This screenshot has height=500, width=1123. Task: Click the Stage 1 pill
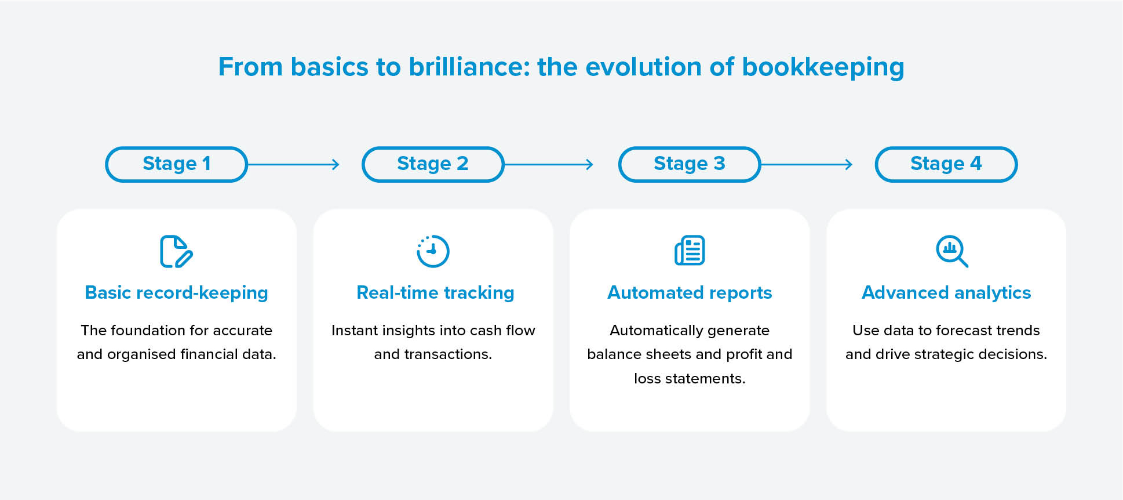click(x=176, y=164)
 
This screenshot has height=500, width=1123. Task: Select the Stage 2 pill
click(x=433, y=164)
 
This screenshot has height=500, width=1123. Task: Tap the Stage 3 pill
click(x=690, y=164)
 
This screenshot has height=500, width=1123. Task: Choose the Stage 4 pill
click(x=946, y=164)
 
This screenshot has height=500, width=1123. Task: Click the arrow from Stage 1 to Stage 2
click(x=293, y=165)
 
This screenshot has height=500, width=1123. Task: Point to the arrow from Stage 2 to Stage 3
click(x=549, y=165)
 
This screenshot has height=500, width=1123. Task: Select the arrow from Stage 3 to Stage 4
click(x=807, y=165)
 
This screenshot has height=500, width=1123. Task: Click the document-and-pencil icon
click(x=176, y=251)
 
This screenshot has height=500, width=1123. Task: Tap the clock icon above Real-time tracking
click(x=433, y=251)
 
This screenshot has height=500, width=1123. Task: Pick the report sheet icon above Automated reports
click(x=690, y=250)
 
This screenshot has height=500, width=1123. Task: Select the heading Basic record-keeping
click(x=176, y=293)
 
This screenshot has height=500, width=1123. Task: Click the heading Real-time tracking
click(x=435, y=293)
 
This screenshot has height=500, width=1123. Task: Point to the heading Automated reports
click(x=690, y=293)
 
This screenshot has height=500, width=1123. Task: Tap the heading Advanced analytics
click(x=946, y=293)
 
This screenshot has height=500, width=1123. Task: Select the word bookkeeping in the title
click(x=823, y=68)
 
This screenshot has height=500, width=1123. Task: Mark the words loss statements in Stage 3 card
click(x=690, y=378)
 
